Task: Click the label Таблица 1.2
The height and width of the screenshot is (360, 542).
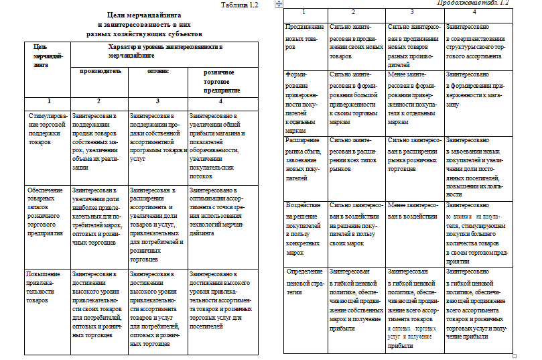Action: (240, 5)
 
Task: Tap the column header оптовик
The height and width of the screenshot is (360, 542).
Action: (157, 70)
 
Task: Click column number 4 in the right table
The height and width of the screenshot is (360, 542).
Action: (474, 13)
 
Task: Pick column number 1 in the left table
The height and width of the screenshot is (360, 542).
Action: (46, 101)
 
